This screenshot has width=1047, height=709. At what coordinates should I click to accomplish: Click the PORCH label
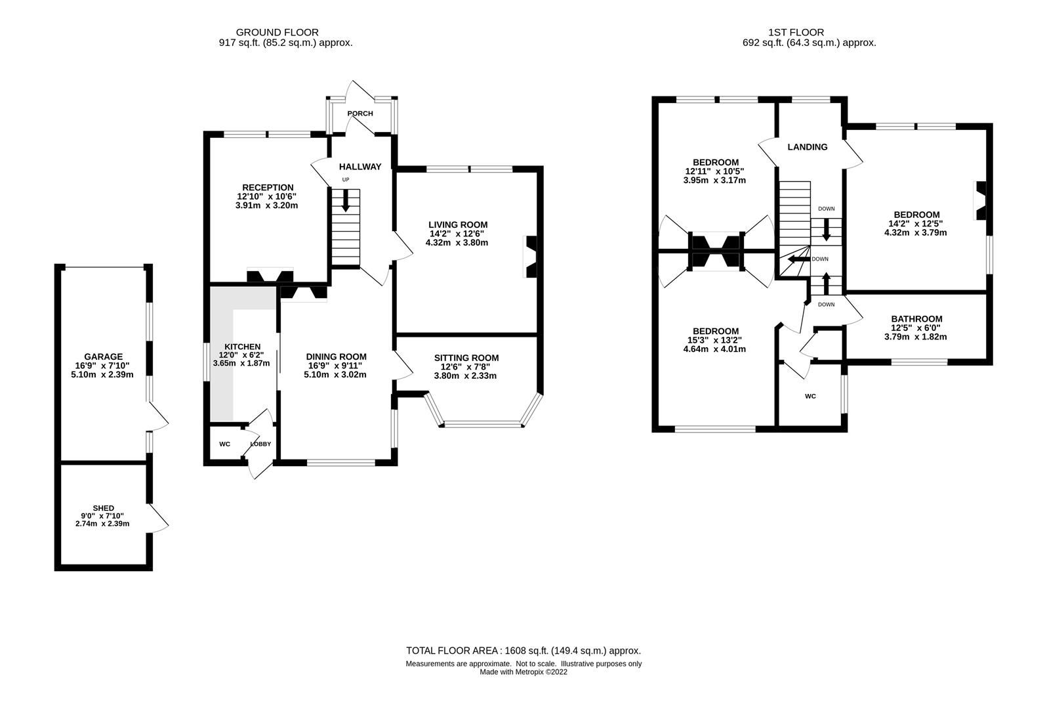359,114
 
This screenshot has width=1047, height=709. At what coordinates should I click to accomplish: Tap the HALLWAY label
359,167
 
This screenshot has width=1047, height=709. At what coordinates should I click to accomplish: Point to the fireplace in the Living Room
530,257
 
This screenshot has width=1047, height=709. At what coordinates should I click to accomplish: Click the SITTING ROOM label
466,358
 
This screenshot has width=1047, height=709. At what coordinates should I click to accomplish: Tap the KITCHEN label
242,347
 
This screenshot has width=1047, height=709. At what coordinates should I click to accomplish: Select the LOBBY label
260,444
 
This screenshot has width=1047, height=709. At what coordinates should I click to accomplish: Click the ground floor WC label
224,444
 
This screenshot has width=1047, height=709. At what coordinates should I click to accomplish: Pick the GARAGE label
103,356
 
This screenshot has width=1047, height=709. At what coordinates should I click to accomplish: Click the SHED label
103,508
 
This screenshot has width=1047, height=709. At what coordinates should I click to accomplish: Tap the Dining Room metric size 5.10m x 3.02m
336,375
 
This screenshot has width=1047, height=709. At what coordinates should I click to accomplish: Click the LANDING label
807,147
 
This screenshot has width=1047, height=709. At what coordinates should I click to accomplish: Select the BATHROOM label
916,319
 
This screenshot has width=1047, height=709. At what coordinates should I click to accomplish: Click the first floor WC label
810,397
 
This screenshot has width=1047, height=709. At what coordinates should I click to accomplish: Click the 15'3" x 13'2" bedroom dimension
714,340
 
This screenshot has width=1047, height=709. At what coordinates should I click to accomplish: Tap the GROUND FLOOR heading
277,32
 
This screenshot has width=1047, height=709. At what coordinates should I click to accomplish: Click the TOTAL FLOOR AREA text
523,651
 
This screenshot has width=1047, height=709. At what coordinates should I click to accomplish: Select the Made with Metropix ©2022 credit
523,672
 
